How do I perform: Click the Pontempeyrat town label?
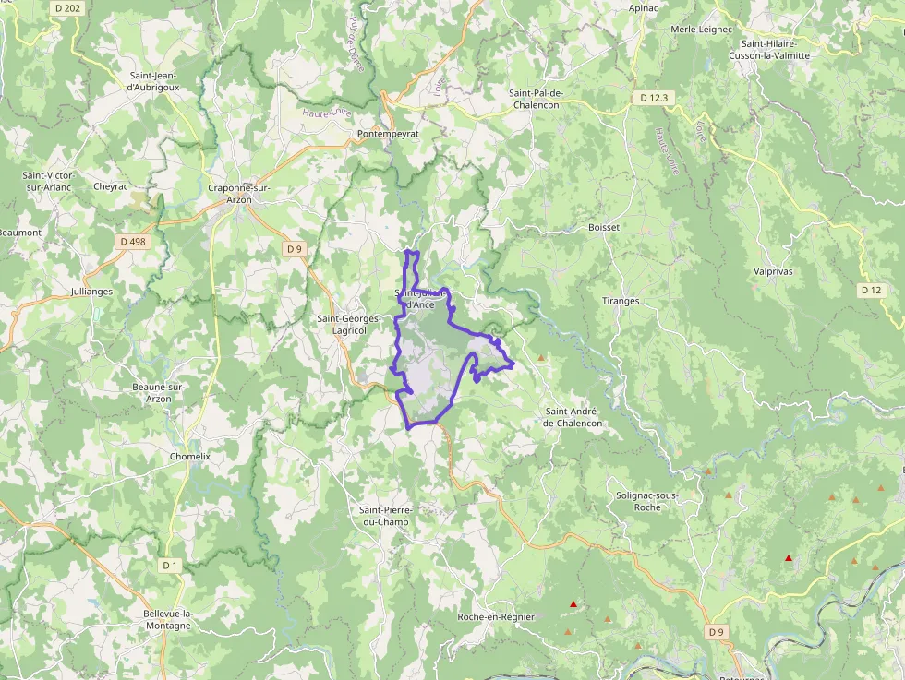pos(388,134)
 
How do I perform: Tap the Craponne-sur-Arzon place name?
pos(238,194)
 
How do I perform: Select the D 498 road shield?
pos(133,242)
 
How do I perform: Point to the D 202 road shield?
pos(67,7)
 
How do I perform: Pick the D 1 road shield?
pos(169,565)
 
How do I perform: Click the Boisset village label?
pos(604,227)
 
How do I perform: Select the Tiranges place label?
pos(621,301)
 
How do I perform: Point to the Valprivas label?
pos(773,271)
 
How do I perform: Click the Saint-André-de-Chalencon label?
pos(573,417)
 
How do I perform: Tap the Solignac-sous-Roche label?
pos(647,501)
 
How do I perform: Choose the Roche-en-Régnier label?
pos(496,616)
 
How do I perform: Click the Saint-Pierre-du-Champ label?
pos(386,516)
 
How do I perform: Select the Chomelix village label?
pos(190,456)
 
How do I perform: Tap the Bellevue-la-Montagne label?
pos(167,619)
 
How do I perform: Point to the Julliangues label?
pos(91,292)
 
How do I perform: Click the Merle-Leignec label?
pos(701,30)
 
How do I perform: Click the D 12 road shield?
pos(871,290)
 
